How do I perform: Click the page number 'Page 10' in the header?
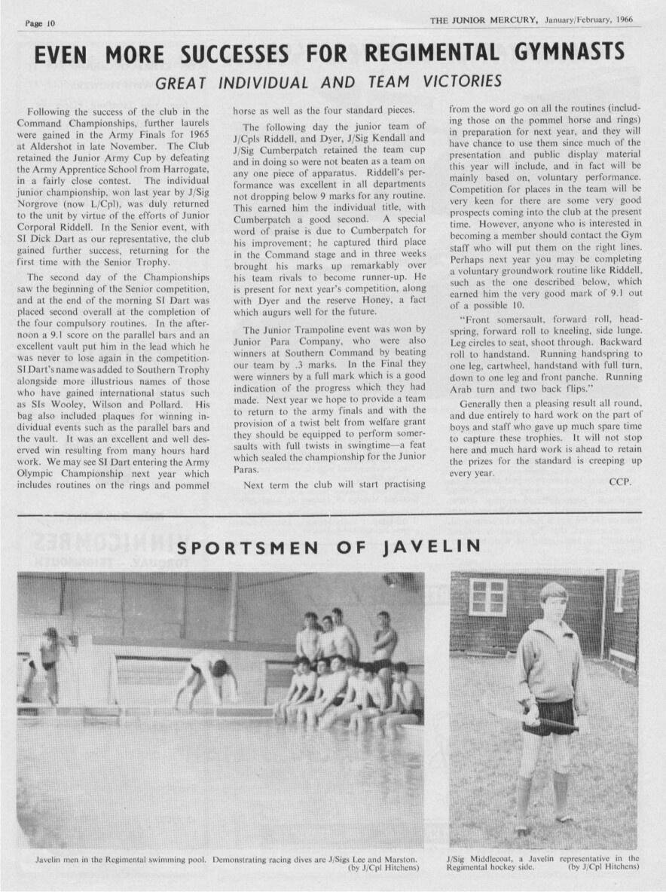tap(41, 23)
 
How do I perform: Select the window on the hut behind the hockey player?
tap(487, 597)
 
